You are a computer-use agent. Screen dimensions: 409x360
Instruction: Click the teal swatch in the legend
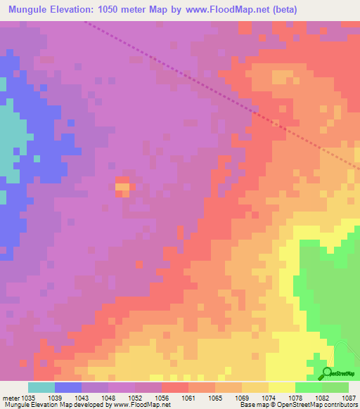pos(41,387)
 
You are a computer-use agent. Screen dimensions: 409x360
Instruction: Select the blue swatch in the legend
pos(68,387)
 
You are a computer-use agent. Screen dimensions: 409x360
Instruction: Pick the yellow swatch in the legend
pos(282,387)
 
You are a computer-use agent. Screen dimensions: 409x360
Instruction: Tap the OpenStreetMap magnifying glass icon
pos(327,372)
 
